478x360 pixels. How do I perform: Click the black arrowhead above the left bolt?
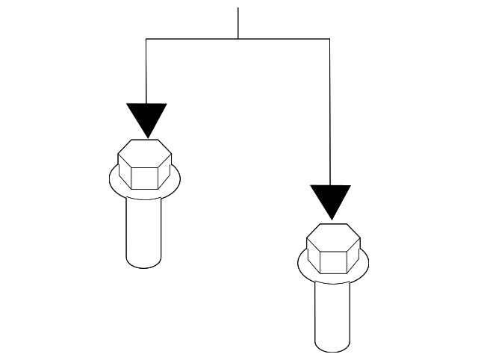(146, 118)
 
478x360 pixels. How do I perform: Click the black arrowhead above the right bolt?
(330, 200)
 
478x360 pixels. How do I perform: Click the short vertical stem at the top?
(238, 22)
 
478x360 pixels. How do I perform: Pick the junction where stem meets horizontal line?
(238, 38)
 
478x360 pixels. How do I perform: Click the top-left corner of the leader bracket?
(146, 38)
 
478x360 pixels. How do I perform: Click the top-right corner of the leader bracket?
(329, 38)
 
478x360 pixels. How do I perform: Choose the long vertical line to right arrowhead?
(329, 112)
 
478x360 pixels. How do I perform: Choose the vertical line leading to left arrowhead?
(146, 71)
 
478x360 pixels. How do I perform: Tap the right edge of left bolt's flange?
(179, 178)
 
